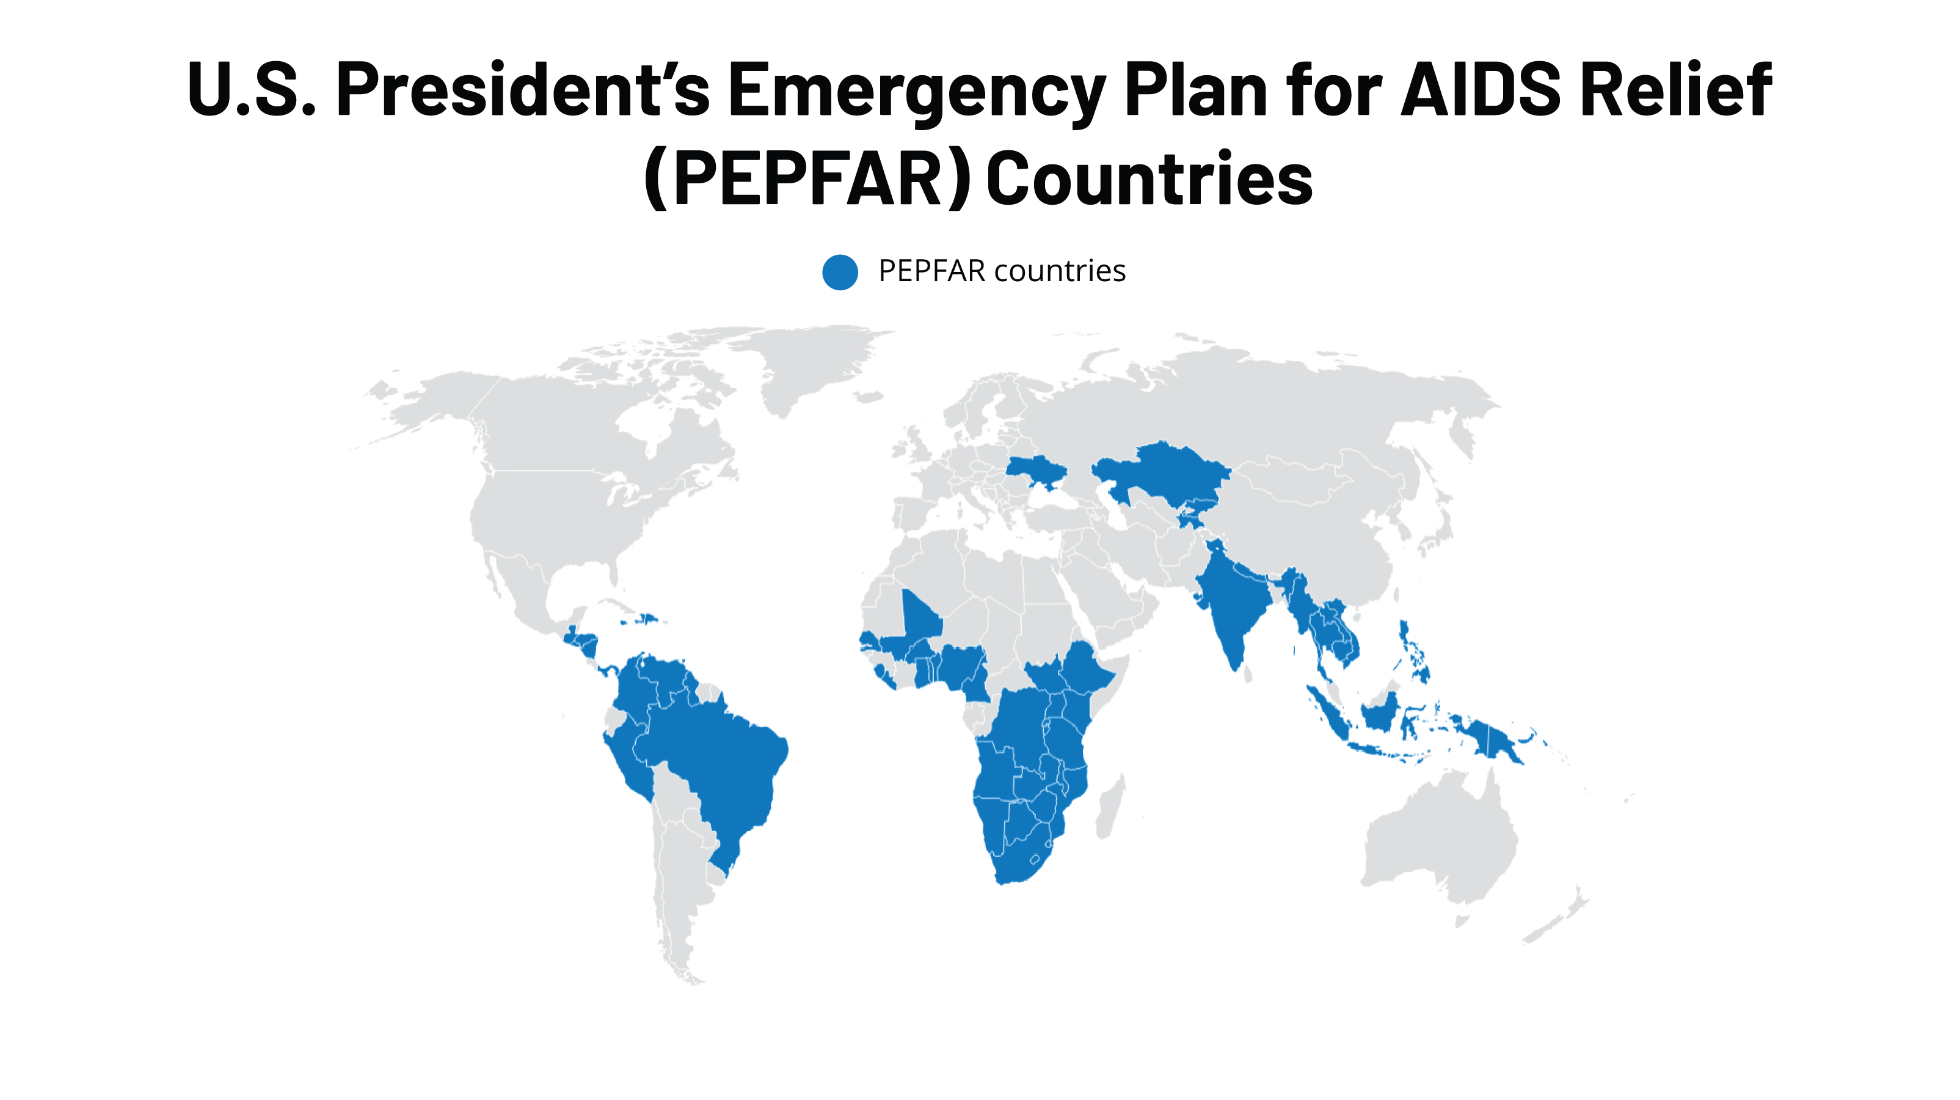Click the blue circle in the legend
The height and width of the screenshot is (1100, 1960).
(840, 272)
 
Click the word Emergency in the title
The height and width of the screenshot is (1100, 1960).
(917, 90)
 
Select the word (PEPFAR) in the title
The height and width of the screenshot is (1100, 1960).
(807, 179)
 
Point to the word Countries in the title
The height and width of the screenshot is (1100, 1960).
(1149, 179)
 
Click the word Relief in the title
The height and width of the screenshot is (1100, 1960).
(1675, 90)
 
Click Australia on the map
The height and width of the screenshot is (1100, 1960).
(1438, 845)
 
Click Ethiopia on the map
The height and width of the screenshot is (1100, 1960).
(1084, 670)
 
